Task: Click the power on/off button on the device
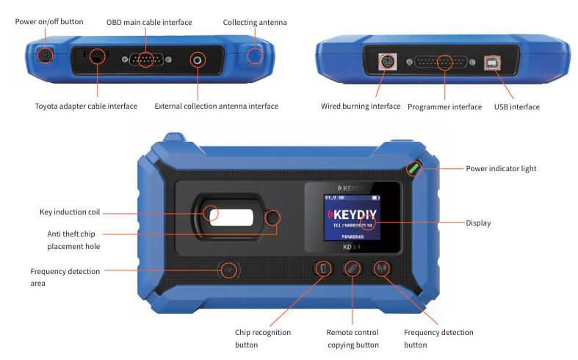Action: [44, 55]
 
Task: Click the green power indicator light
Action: [414, 168]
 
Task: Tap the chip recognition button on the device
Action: [322, 270]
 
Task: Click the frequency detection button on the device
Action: [382, 270]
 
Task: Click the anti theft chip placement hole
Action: [273, 217]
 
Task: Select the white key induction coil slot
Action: [231, 216]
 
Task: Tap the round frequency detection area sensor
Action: [229, 270]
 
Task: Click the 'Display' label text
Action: [478, 223]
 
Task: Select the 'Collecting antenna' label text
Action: [255, 23]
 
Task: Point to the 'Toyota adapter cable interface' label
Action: [86, 107]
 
